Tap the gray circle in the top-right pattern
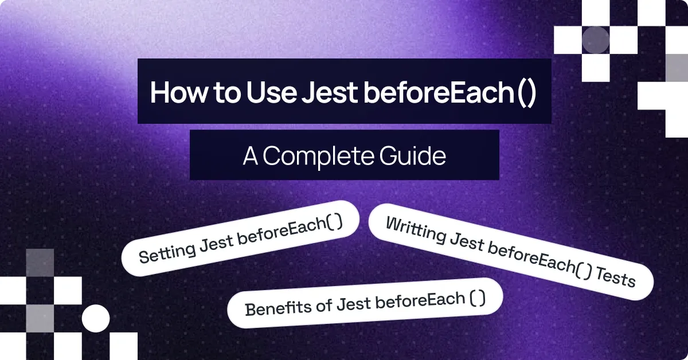[596, 40]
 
